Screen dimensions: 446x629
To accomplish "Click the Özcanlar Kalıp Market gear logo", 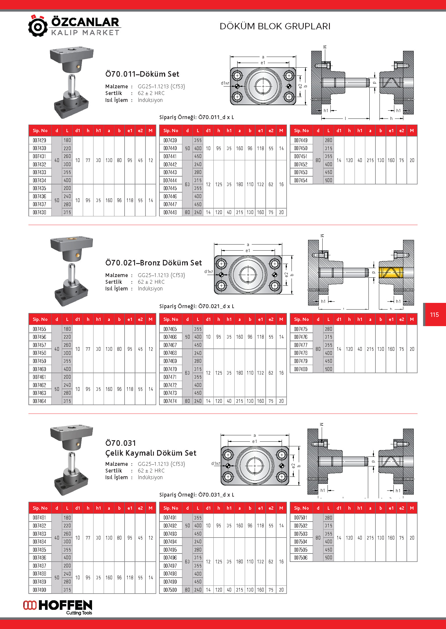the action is point(38,26).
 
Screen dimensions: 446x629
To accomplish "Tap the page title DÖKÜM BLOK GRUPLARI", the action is point(275,26).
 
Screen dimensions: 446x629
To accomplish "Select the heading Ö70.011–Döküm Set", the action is point(142,74).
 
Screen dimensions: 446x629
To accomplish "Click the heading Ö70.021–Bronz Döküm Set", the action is point(153,263).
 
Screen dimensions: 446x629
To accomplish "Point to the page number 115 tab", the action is point(434,314).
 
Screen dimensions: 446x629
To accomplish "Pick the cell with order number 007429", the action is point(39,140).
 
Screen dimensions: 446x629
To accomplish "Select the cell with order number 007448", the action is point(170,212).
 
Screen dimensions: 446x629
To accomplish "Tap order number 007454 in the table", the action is point(301,180).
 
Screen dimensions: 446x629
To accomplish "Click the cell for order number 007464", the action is point(39,401).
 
